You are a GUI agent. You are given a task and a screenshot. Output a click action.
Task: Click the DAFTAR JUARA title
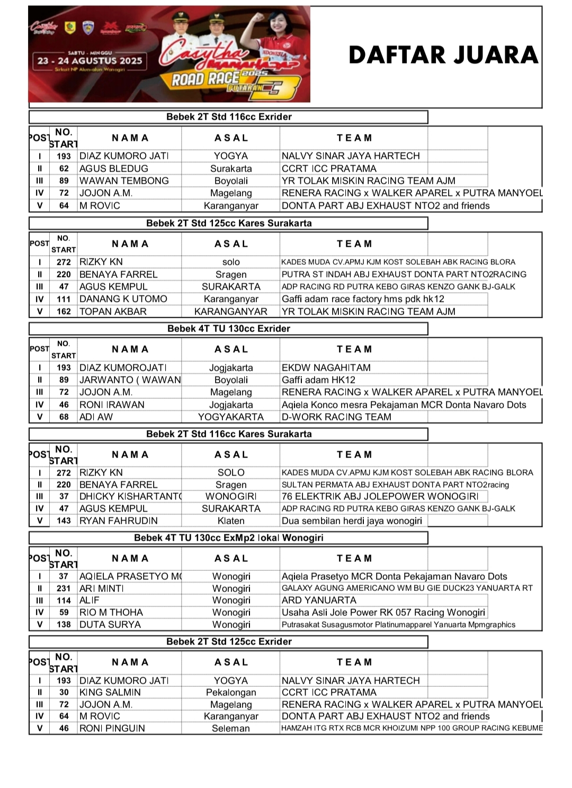point(443,56)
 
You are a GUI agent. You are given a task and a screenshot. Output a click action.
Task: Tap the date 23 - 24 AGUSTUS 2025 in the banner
point(90,61)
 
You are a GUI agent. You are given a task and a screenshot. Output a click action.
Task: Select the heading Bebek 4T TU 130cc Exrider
point(229,329)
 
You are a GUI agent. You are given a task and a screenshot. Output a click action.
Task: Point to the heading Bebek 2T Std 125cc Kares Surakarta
point(229,223)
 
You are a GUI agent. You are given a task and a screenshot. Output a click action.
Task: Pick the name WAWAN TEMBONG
point(124,181)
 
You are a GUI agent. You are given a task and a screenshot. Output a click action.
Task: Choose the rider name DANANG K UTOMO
point(123,299)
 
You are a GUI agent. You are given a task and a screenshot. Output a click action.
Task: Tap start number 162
point(64,311)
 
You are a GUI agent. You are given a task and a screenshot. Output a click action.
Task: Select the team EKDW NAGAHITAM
point(326,368)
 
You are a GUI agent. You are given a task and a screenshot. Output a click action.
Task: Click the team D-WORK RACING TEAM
point(336,417)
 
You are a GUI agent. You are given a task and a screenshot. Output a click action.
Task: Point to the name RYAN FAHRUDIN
point(118,521)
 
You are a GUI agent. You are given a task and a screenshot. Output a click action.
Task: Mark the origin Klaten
point(231,521)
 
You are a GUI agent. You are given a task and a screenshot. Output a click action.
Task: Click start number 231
point(64,588)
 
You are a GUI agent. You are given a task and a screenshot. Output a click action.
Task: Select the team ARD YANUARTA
point(319,600)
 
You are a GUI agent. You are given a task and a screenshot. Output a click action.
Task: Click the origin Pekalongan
point(231,692)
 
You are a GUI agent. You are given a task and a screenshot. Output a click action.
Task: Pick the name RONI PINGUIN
point(112,728)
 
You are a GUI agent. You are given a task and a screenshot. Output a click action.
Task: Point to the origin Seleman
point(231,728)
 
